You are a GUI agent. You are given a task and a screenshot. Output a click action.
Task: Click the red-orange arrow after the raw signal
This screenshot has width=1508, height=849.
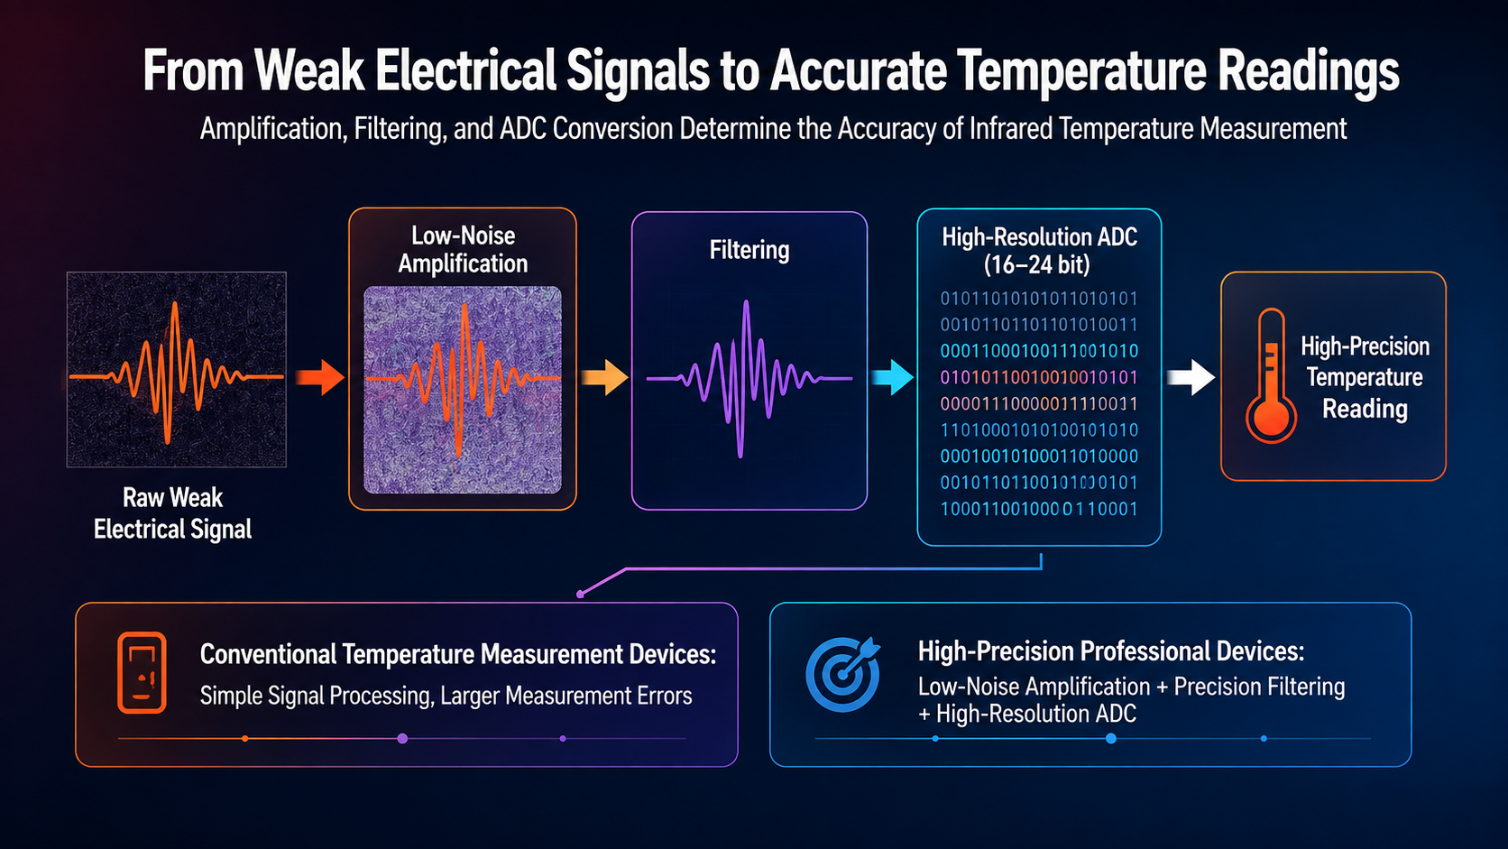pos(320,377)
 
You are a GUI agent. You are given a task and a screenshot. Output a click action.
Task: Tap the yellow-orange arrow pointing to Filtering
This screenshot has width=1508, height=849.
pos(604,377)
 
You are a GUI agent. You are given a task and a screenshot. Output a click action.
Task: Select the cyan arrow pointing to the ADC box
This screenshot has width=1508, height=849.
pos(893,377)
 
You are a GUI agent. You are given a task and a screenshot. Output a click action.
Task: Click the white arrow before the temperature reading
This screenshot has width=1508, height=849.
pos(1191,377)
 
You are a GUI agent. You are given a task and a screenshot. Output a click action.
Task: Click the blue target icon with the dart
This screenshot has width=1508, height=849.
pos(843,674)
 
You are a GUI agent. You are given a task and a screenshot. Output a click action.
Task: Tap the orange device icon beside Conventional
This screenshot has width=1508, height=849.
pos(142,672)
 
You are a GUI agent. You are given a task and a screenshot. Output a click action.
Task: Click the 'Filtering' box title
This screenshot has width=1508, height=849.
pos(749,250)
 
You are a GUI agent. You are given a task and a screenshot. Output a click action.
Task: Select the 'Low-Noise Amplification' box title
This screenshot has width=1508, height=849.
pos(464,250)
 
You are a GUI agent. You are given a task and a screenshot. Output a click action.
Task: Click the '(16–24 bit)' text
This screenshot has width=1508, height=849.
pos(1037,264)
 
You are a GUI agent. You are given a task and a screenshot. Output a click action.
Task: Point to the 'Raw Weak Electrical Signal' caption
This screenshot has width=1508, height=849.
pos(173,513)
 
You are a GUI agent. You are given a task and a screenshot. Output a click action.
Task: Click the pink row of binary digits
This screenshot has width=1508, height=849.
pos(1039,377)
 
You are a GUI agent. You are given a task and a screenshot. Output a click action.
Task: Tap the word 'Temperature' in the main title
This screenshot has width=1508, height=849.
pos(1080,70)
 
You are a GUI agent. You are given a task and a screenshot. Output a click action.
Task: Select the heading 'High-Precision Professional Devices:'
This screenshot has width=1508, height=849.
pos(1111,651)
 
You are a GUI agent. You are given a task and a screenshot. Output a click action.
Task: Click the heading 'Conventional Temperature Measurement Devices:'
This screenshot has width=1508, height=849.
pos(458,654)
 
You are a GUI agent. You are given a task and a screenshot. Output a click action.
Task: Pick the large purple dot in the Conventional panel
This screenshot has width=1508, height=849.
pos(402,739)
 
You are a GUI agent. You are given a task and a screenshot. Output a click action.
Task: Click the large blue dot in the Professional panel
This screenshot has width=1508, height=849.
pos(1111,739)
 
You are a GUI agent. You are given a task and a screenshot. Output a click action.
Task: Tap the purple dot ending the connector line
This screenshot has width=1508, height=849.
pos(580,595)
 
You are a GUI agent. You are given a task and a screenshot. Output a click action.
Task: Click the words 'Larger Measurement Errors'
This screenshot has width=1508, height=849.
pos(566,696)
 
